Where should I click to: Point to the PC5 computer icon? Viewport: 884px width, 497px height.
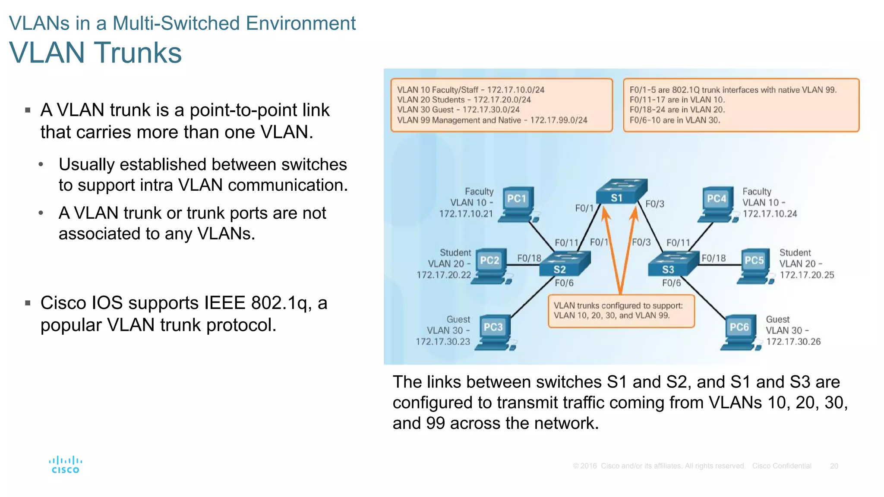[755, 266]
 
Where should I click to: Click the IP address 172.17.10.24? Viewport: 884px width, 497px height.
[770, 214]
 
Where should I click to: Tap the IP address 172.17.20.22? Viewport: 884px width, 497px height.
[443, 275]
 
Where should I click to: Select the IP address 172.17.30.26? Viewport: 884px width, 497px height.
[793, 342]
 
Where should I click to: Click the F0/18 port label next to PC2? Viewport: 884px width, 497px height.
[529, 258]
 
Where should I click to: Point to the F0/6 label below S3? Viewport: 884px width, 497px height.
[671, 283]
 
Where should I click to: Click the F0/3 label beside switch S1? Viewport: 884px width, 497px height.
[654, 204]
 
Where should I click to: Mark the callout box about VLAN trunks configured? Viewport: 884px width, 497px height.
[621, 311]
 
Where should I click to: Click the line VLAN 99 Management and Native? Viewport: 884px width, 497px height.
[492, 120]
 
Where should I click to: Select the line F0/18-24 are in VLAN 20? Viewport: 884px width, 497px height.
[677, 110]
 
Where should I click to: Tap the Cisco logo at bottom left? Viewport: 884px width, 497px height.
[65, 465]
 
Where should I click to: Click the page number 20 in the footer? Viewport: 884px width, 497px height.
[833, 466]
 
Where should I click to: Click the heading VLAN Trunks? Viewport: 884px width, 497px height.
[95, 53]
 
